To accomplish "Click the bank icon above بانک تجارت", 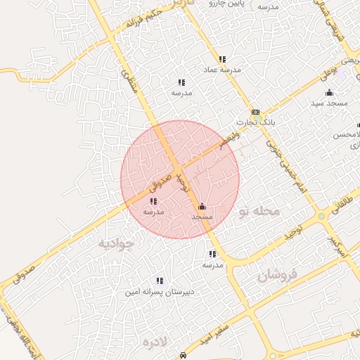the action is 255,112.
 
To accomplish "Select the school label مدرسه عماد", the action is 222,70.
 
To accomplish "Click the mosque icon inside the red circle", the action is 202,207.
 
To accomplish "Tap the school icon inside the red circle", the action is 153,202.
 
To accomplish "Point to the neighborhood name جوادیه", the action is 115,243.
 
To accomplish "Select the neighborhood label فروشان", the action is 278,274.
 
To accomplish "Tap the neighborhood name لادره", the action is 156,342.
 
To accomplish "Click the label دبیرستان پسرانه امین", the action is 160,291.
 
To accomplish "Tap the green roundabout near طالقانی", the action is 321,217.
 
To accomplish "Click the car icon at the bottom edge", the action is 183,355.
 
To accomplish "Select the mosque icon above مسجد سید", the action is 329,93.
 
